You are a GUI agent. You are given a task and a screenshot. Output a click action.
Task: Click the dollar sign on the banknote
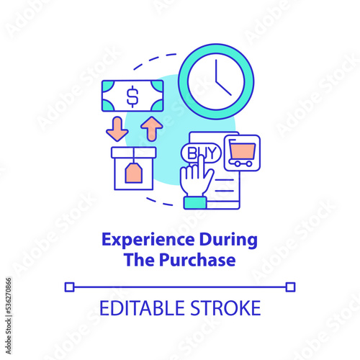(x=132, y=96)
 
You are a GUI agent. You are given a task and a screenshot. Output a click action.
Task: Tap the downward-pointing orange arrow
(x=117, y=129)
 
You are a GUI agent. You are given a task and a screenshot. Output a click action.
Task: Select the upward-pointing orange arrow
(x=152, y=128)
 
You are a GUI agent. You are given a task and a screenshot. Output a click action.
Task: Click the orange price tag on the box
(x=134, y=172)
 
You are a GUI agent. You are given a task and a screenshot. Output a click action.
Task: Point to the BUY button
(x=201, y=153)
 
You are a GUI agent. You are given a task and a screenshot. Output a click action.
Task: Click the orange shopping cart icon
(x=242, y=153)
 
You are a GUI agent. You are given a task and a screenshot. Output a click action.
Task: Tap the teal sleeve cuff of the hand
(x=195, y=203)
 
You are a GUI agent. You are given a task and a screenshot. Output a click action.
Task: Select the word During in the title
(x=228, y=240)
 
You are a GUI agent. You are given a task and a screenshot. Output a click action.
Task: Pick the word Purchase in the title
(x=197, y=260)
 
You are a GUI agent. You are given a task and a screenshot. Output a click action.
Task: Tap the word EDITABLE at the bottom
(x=142, y=308)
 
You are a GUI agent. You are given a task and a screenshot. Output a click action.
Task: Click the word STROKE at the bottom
(x=225, y=308)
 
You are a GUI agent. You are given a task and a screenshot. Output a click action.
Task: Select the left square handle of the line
(x=70, y=287)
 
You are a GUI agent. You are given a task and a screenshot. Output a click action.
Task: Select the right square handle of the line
(x=290, y=287)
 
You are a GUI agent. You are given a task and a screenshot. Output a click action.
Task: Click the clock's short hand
(x=224, y=89)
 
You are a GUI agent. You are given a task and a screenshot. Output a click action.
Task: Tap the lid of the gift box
(x=134, y=153)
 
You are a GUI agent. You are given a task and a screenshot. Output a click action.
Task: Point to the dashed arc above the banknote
(x=153, y=59)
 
